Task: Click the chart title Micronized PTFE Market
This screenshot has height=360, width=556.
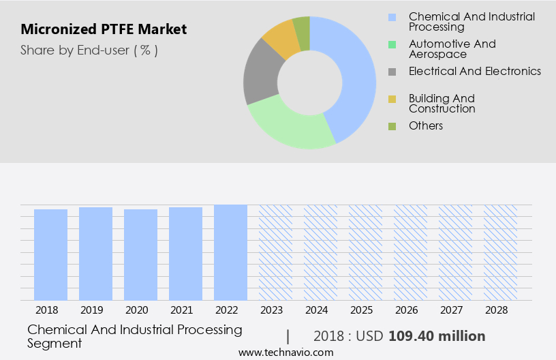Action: click(104, 30)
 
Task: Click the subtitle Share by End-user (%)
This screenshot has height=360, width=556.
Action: click(89, 50)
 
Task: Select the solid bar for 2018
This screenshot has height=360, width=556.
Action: click(50, 254)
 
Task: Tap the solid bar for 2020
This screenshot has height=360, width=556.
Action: click(140, 254)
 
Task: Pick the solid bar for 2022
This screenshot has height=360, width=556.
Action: click(230, 252)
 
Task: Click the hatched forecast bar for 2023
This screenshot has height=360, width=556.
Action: click(275, 252)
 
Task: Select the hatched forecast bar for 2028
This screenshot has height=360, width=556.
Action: click(500, 252)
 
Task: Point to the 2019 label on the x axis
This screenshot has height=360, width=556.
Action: click(95, 310)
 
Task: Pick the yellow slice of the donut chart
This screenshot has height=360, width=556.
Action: click(281, 39)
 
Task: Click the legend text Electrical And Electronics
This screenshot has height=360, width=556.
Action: click(474, 72)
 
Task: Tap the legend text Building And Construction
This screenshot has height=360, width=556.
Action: click(442, 104)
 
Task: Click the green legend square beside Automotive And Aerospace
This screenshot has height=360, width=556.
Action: click(392, 44)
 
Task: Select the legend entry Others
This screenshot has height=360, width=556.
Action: click(426, 126)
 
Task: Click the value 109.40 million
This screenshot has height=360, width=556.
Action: click(437, 336)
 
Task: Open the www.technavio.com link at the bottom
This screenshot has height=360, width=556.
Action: click(286, 352)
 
